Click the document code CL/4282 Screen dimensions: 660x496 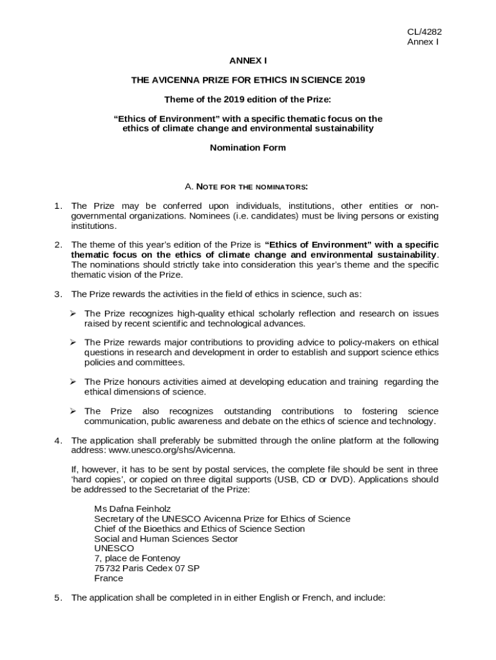(x=423, y=32)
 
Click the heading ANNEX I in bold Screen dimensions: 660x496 (x=248, y=61)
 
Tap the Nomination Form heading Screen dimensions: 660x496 (x=248, y=148)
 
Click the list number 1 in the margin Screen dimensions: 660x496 (x=57, y=206)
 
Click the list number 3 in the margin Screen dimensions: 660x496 (x=57, y=294)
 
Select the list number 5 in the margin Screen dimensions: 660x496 (x=57, y=597)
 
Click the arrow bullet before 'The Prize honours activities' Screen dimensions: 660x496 (x=73, y=382)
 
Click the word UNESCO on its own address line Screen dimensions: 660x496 (x=114, y=548)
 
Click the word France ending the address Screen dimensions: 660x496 (x=108, y=578)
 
